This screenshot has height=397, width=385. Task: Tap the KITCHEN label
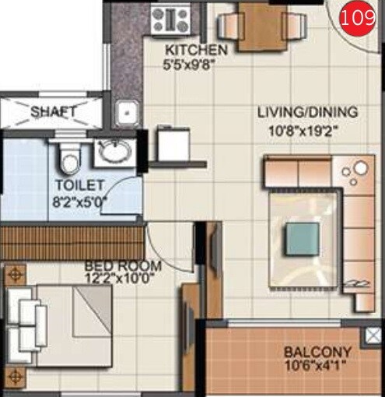click(x=197, y=51)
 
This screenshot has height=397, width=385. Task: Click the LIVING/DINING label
click(x=307, y=111)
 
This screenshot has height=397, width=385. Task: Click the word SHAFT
click(x=54, y=111)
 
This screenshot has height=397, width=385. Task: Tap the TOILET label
click(x=79, y=185)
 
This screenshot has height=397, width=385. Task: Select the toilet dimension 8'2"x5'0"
click(x=80, y=200)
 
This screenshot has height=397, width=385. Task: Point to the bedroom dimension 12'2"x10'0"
click(x=124, y=278)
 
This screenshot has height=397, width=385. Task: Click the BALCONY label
click(x=317, y=352)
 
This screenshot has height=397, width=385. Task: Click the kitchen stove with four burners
click(x=170, y=17)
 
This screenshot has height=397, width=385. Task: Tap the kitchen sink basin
click(x=125, y=114)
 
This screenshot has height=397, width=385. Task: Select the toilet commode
click(x=70, y=160)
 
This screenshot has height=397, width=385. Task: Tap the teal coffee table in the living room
click(x=302, y=239)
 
